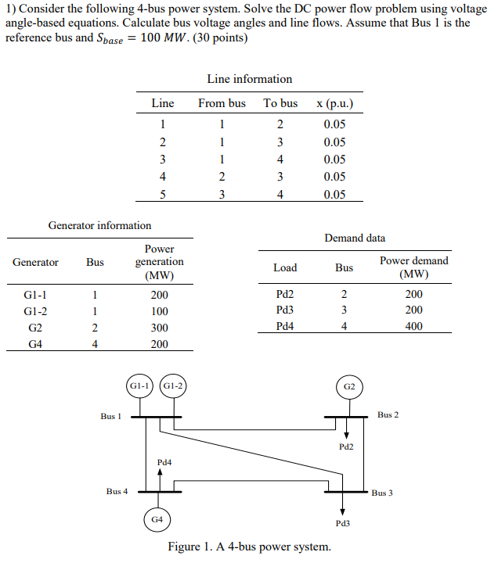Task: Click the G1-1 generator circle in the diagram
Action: pos(139,386)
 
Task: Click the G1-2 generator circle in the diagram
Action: pos(172,386)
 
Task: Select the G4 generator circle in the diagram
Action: pos(157,518)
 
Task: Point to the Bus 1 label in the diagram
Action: pos(111,416)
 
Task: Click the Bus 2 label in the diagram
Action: pos(388,414)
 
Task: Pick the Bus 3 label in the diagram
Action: pos(382,493)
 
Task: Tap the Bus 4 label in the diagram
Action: pos(117,491)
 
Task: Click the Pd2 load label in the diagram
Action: pos(346,446)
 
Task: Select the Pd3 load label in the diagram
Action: pos(342,522)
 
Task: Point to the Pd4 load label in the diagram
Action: pos(164,462)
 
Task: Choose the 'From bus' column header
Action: pos(222,103)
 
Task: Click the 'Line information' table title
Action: pos(249,79)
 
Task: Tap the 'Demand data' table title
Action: pos(355,238)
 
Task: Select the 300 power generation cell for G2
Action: pos(159,328)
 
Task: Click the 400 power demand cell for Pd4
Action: pos(413,326)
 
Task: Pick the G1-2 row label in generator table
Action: pos(36,311)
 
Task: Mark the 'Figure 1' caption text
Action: pos(249,547)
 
